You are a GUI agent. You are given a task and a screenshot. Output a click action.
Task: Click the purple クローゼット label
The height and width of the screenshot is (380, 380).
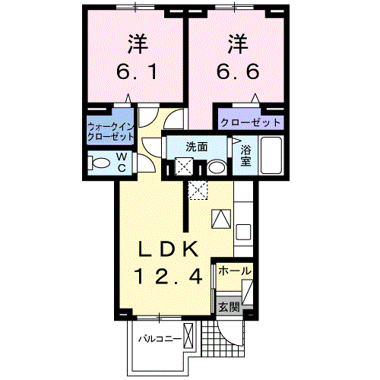tap(250, 122)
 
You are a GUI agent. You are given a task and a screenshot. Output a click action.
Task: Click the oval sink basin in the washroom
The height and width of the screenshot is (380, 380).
tap(217, 167)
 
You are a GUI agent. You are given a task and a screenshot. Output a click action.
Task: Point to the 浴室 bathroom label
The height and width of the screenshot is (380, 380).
tap(245, 157)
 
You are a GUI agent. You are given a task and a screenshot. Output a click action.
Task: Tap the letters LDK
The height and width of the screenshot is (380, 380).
tap(168, 249)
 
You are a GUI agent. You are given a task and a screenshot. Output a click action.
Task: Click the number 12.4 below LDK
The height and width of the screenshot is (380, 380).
tap(169, 278)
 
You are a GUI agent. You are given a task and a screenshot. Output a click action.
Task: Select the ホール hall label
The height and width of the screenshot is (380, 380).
tap(234, 271)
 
